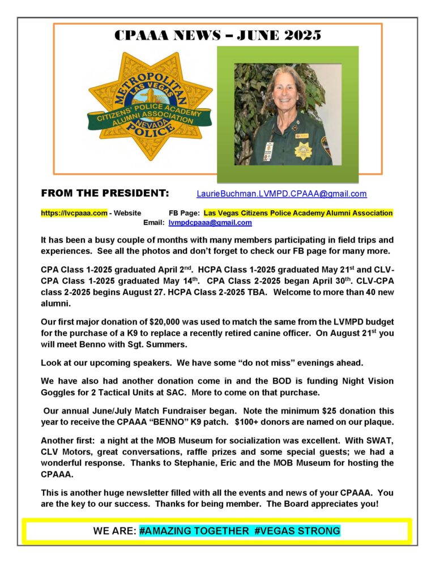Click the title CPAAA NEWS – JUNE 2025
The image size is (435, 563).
click(217, 35)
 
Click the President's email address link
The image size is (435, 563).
click(282, 194)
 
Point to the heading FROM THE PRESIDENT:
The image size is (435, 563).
click(105, 194)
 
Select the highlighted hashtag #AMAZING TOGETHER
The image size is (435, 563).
click(194, 531)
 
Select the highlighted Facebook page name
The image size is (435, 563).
click(298, 213)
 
